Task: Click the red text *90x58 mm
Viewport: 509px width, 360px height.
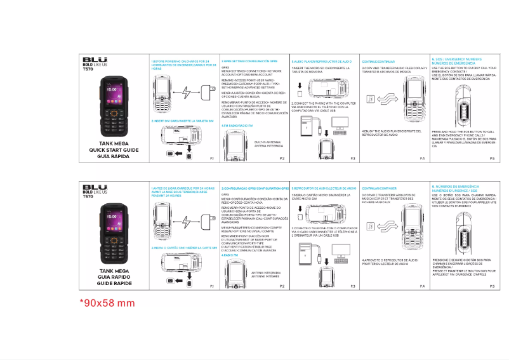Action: tap(107, 303)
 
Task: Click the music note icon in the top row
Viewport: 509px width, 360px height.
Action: tap(371, 98)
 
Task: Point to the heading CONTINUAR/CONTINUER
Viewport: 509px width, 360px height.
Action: tap(379, 189)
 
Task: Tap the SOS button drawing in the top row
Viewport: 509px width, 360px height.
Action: tap(464, 102)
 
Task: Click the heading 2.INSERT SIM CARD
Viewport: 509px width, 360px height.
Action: tap(179, 120)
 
